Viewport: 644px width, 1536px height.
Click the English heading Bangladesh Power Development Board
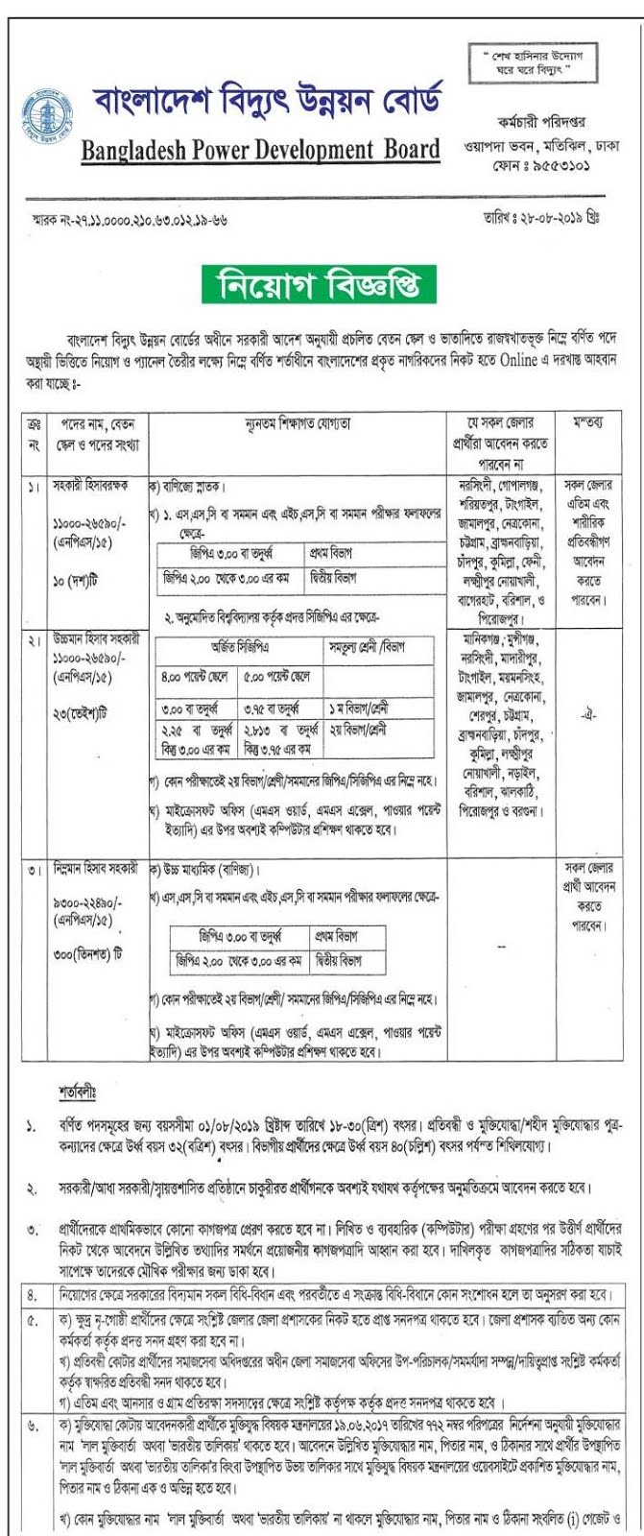click(260, 150)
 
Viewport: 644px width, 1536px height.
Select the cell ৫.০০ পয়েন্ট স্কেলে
click(276, 678)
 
